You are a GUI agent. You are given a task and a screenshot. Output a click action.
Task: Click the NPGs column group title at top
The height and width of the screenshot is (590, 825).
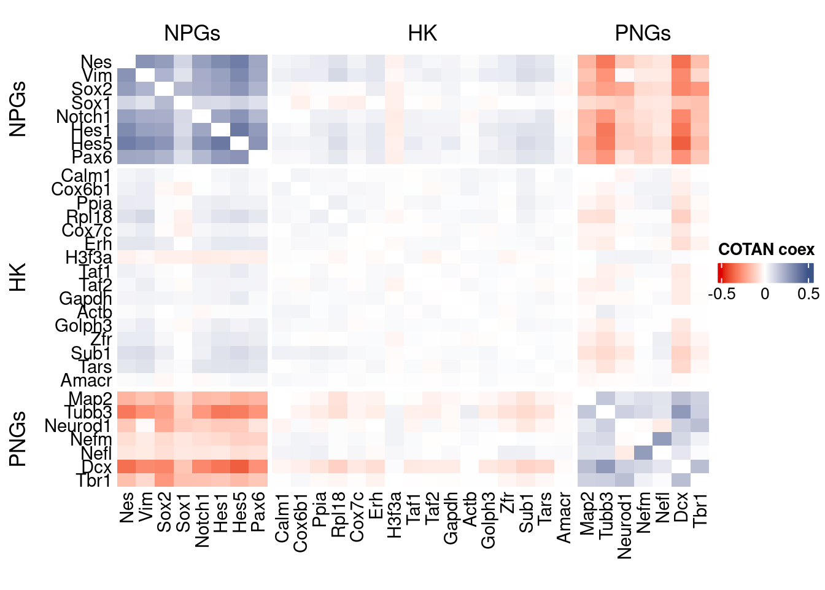pyautogui.click(x=192, y=33)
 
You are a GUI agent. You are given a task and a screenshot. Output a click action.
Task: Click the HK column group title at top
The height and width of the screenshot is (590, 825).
pyautogui.click(x=422, y=33)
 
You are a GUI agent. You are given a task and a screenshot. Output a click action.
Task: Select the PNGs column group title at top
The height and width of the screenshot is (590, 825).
pyautogui.click(x=643, y=33)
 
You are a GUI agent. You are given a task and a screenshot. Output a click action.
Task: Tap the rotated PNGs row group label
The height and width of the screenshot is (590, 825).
pyautogui.click(x=18, y=439)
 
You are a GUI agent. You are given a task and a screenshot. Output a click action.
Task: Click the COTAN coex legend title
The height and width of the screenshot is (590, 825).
pyautogui.click(x=766, y=250)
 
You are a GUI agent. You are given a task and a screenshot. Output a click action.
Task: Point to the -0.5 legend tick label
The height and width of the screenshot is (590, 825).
pyautogui.click(x=722, y=294)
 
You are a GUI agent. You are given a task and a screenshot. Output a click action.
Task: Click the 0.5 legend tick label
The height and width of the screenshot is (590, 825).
pyautogui.click(x=808, y=294)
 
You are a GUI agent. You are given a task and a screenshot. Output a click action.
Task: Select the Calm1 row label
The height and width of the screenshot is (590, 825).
pyautogui.click(x=86, y=176)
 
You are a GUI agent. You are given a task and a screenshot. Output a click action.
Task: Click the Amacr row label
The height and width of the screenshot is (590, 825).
pyautogui.click(x=86, y=380)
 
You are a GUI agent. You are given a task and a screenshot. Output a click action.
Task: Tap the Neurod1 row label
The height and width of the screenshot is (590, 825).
pyautogui.click(x=78, y=426)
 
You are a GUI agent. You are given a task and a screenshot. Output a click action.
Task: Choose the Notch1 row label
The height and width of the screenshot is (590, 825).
pyautogui.click(x=83, y=117)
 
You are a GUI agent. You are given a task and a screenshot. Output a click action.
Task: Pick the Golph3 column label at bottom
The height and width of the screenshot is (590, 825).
pyautogui.click(x=488, y=520)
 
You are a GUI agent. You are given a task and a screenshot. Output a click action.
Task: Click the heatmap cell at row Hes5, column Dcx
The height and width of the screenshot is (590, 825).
pyautogui.click(x=681, y=143)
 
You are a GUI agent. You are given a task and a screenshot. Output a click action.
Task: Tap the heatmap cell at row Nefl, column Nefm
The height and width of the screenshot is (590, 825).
pyautogui.click(x=643, y=453)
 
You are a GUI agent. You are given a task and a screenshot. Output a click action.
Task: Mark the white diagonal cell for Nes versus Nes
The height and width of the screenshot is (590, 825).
pyautogui.click(x=126, y=61)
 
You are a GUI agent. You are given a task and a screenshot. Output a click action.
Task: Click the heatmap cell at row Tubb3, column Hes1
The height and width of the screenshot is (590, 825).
pyautogui.click(x=220, y=412)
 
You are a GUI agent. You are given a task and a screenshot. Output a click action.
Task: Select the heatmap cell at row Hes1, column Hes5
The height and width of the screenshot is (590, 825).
pyautogui.click(x=239, y=130)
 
